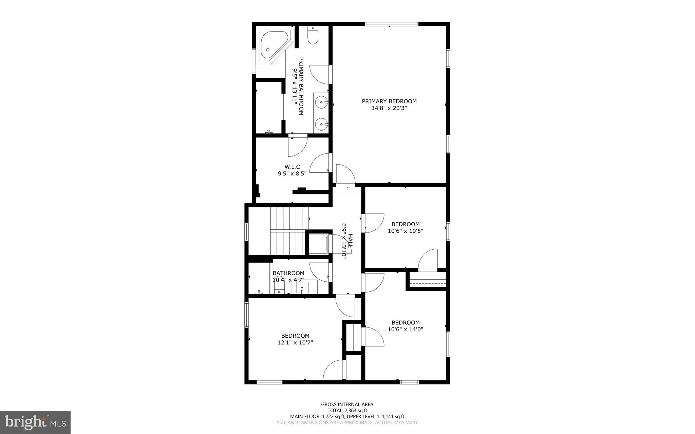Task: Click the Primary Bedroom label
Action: click(389, 101)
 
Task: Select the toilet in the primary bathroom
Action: click(313, 36)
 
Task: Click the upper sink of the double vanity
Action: click(321, 101)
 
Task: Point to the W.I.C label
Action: click(292, 167)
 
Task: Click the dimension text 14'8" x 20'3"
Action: click(389, 108)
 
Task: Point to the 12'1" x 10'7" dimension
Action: click(295, 343)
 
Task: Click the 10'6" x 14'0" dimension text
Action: click(405, 329)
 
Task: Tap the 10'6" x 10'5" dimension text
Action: click(405, 231)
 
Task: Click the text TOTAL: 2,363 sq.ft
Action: click(347, 410)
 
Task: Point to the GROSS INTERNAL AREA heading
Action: click(347, 404)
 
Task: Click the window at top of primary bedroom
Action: click(391, 24)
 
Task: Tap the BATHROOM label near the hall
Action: click(288, 273)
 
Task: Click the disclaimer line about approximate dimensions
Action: click(347, 422)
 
